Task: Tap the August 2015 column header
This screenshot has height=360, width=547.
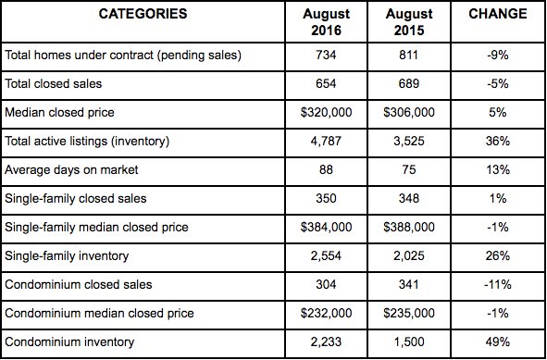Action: pyautogui.click(x=407, y=22)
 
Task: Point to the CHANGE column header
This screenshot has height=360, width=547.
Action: pyautogui.click(x=497, y=15)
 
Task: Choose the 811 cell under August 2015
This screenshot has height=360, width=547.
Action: pyautogui.click(x=407, y=56)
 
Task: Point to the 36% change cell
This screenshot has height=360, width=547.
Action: pyautogui.click(x=497, y=142)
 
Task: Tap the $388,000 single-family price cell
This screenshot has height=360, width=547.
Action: pyautogui.click(x=407, y=228)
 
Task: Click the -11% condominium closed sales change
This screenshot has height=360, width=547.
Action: pyautogui.click(x=497, y=285)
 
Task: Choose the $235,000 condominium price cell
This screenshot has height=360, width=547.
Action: pyautogui.click(x=407, y=314)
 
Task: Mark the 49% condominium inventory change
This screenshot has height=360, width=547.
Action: pyautogui.click(x=497, y=342)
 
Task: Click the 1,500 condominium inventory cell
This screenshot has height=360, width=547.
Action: pyautogui.click(x=407, y=342)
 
